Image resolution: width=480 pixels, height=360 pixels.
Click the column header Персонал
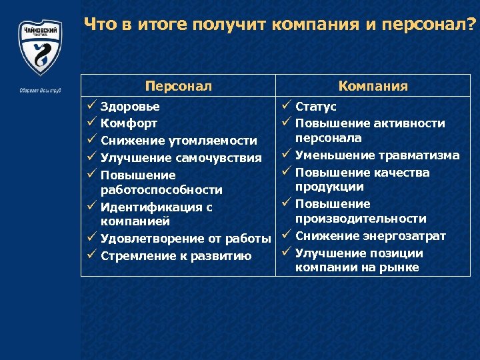pyautogui.click(x=179, y=86)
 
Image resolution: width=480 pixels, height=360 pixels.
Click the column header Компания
pyautogui.click(x=373, y=86)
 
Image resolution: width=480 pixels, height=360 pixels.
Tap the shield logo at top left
pyautogui.click(x=40, y=47)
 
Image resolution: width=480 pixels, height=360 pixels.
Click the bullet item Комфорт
pyautogui.click(x=129, y=123)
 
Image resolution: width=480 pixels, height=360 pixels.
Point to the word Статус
pyautogui.click(x=315, y=107)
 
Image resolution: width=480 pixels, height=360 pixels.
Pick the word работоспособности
pyautogui.click(x=161, y=190)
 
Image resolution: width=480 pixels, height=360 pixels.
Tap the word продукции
pyautogui.click(x=329, y=187)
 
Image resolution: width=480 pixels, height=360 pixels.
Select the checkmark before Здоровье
pyautogui.click(x=91, y=106)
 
